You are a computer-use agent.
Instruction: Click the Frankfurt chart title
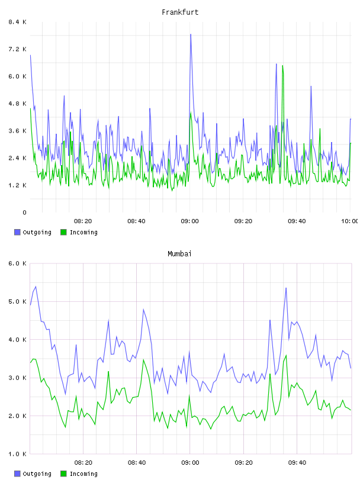180,12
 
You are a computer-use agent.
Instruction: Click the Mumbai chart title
179,253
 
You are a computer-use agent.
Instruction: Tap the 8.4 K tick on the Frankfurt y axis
17,22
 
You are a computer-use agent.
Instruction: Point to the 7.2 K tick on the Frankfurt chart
17,49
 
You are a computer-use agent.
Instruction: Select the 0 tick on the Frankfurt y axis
24,212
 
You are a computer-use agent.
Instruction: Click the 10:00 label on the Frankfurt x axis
350,221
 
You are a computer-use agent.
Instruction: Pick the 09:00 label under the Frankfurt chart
190,221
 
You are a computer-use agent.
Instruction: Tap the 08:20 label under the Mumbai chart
83,462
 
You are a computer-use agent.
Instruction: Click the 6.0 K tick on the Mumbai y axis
17,263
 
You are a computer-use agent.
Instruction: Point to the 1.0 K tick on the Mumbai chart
17,454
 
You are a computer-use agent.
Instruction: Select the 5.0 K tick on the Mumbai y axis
17,301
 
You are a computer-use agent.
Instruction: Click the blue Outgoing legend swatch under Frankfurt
17,232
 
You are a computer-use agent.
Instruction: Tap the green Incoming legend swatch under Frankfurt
63,232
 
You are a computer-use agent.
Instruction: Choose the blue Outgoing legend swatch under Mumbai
17,474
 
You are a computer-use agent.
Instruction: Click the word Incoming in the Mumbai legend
83,474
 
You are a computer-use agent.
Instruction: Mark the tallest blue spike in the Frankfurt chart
191,34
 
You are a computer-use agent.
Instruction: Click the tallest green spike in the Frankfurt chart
282,66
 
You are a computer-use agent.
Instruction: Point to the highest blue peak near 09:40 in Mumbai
286,288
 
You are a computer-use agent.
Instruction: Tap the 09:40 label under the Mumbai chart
297,462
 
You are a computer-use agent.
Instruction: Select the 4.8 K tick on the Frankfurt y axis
17,104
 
